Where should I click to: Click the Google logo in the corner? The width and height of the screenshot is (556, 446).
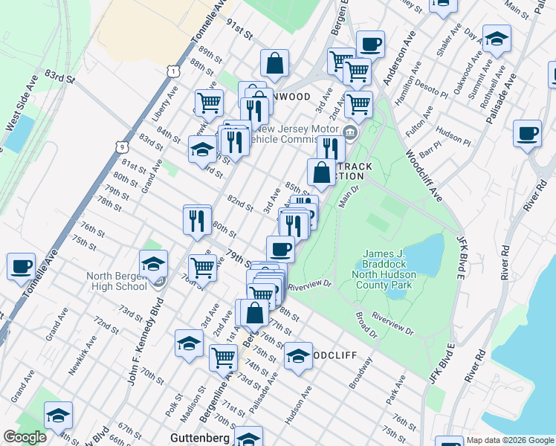pyautogui.click(x=25, y=438)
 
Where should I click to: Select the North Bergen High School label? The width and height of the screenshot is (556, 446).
pyautogui.click(x=117, y=281)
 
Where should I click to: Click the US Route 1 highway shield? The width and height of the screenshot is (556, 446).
pyautogui.click(x=172, y=70)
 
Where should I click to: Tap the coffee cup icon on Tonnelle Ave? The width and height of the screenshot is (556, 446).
pyautogui.click(x=22, y=265)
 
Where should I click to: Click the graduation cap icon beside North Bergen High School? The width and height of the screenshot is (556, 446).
pyautogui.click(x=153, y=262)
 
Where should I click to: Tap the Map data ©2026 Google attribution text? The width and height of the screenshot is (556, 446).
pyautogui.click(x=511, y=440)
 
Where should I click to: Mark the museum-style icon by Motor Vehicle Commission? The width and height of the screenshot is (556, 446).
pyautogui.click(x=352, y=133)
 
